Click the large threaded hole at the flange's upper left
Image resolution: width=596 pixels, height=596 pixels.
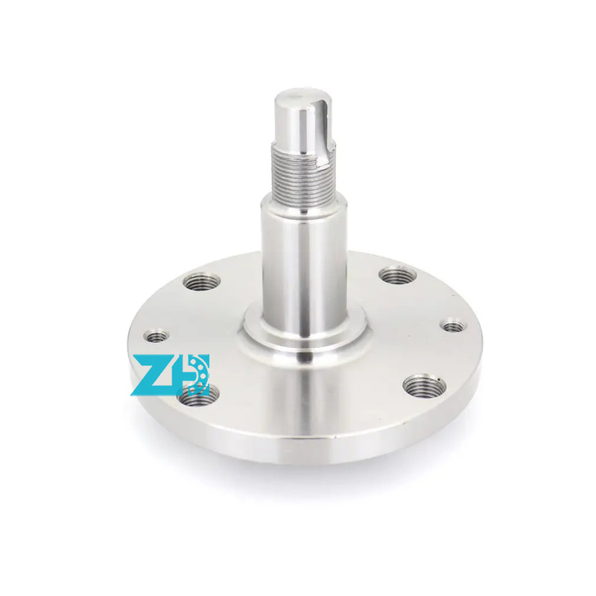coord(201,282)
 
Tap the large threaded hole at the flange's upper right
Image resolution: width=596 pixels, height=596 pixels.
coord(398,275)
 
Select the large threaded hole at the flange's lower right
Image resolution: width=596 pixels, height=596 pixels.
coord(425,385)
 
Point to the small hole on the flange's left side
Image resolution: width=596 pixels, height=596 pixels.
coord(156,336)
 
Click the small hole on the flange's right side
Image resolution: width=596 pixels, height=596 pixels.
coord(453,326)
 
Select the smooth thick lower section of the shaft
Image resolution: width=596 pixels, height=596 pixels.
coord(304,266)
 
